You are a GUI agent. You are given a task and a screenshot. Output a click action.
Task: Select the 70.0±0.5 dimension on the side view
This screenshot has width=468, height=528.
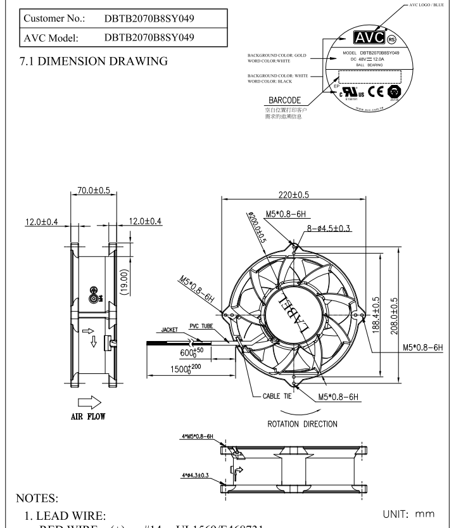(93, 190)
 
